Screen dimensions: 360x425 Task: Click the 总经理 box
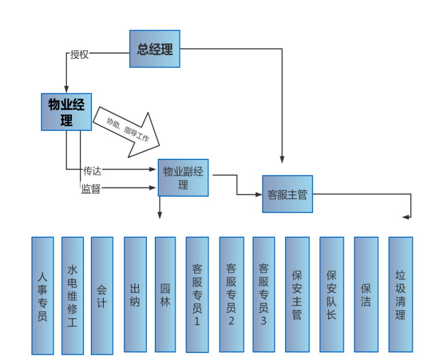point(155,49)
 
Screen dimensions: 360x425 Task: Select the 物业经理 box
point(66,112)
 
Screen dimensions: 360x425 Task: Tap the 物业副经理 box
point(183,178)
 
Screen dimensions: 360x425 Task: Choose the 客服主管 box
point(287,194)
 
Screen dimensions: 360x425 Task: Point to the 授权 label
point(79,55)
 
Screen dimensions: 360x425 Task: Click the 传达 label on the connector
point(93,170)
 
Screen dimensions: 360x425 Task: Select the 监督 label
point(91,189)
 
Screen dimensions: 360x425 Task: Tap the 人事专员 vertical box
point(43,295)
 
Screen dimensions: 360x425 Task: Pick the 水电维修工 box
point(73,295)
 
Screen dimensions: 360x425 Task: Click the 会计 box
point(102,295)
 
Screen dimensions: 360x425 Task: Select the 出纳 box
point(135,294)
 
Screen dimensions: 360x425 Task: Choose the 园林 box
point(165,294)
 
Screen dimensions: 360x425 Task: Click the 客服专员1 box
point(197,294)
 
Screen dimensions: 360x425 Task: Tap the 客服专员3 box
point(263,294)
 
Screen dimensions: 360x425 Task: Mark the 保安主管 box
point(296,294)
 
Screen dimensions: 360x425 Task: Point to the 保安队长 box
point(331,294)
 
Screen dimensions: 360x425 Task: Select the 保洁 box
point(366,294)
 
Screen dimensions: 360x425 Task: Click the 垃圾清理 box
point(400,294)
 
